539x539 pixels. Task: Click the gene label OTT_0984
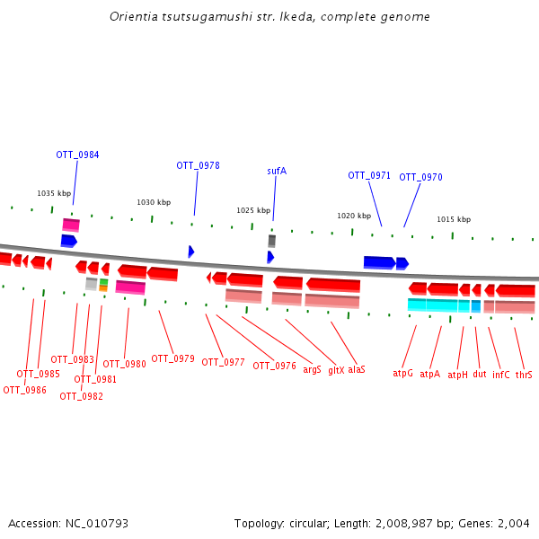click(77, 155)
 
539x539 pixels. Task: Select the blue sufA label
click(277, 171)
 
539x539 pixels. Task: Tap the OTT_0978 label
click(198, 165)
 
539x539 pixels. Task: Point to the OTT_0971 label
click(369, 175)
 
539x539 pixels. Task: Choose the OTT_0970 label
click(420, 177)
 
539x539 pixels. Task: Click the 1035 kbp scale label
click(54, 193)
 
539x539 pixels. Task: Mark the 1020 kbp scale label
click(354, 216)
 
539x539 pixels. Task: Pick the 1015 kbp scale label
click(454, 219)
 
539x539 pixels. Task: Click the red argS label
click(312, 369)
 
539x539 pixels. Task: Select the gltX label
click(336, 369)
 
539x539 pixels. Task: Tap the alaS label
click(357, 369)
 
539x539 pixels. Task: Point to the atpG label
click(402, 373)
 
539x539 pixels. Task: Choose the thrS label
click(524, 375)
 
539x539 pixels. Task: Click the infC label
click(501, 375)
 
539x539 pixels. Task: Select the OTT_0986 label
click(24, 390)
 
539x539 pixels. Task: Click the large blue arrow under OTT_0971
click(379, 262)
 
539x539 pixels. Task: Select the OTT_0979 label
click(172, 358)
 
